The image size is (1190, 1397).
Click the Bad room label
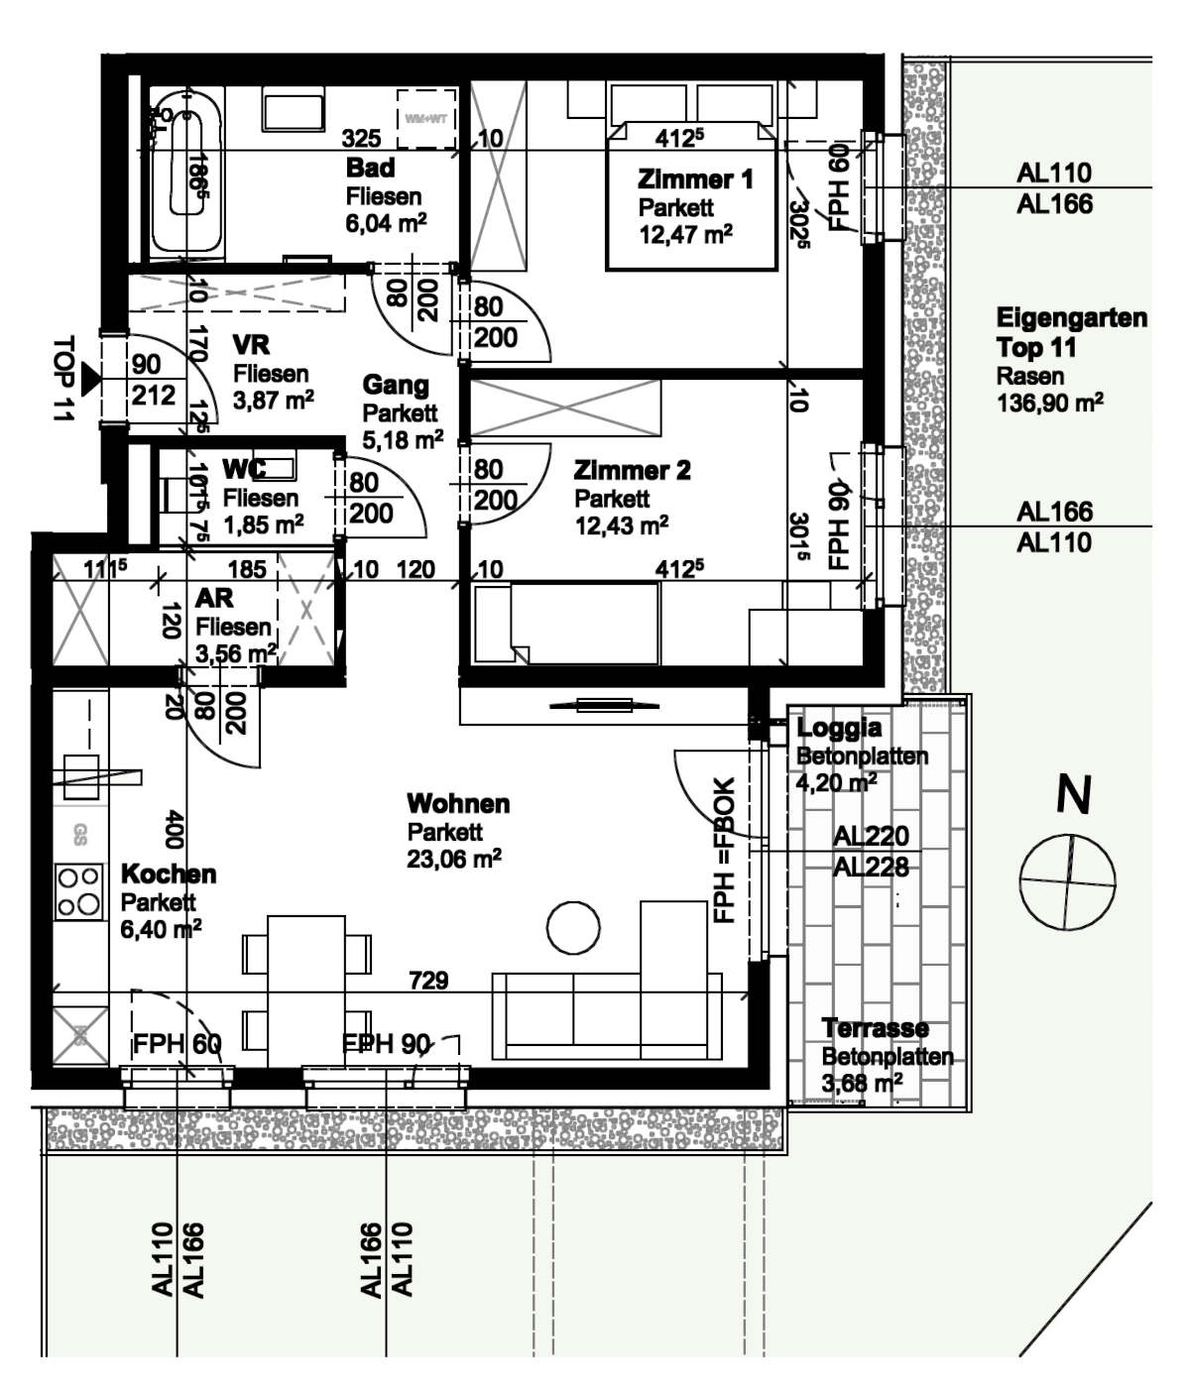point(370,168)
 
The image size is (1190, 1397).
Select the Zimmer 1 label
point(695,179)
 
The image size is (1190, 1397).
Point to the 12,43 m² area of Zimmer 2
point(621,524)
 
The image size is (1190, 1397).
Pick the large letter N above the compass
point(1073,795)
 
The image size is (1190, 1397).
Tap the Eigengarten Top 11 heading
point(1071,333)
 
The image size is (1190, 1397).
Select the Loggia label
point(839,728)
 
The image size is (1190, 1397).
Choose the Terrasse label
point(875,1028)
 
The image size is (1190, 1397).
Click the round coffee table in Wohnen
point(574,927)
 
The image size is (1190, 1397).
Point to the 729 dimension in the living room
point(428,981)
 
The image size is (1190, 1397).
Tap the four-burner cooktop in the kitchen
point(78,890)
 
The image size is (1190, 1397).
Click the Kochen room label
point(169,873)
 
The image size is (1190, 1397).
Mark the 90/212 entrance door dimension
point(153,381)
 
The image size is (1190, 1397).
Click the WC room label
point(243,469)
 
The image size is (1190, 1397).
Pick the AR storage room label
point(214,598)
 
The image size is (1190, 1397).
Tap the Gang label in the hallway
point(396,385)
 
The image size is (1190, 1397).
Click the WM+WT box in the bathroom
point(426,119)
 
